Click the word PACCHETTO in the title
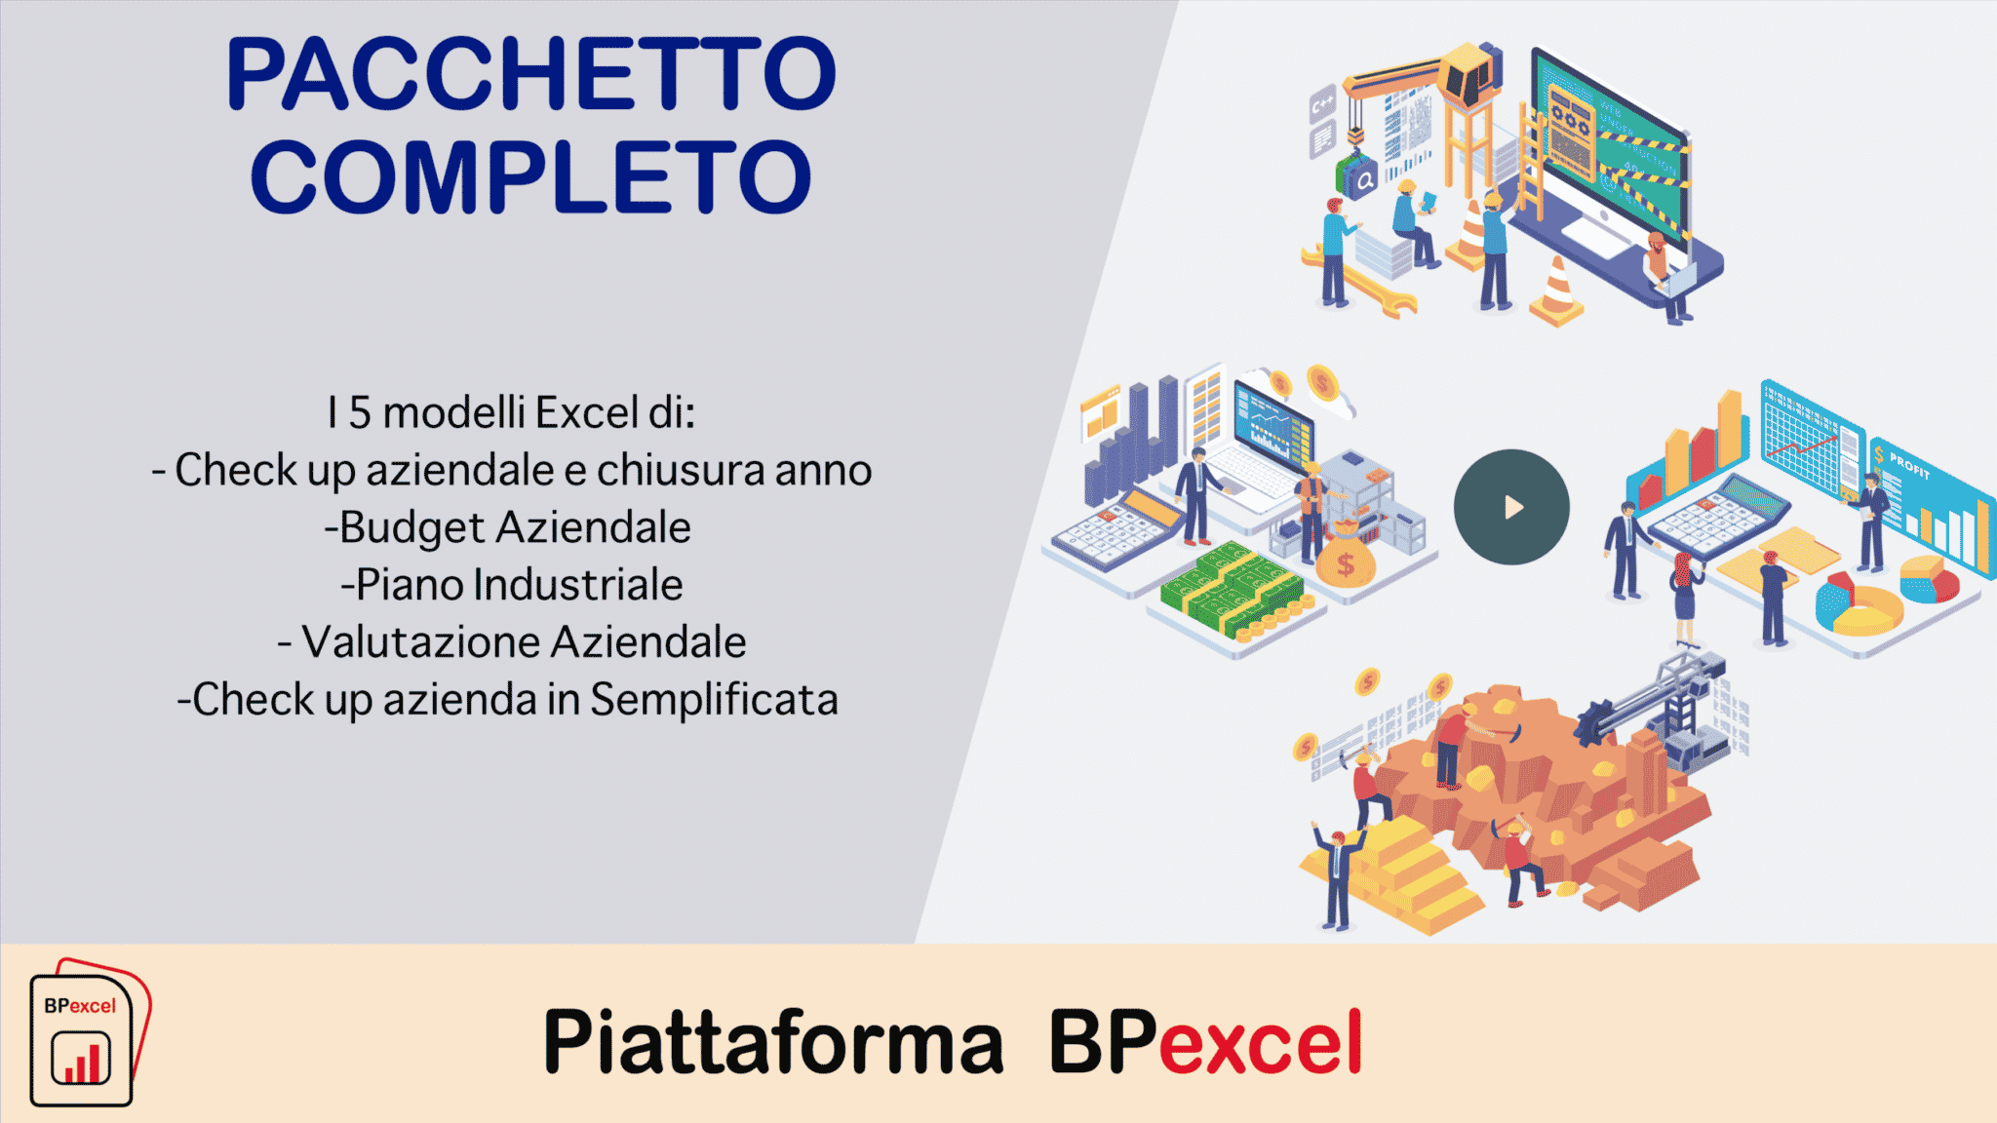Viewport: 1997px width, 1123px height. pyautogui.click(x=531, y=74)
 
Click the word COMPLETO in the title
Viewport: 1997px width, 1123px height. pyautogui.click(x=531, y=176)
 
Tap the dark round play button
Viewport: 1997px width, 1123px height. pyautogui.click(x=1511, y=507)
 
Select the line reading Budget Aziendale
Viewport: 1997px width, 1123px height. pyautogui.click(x=507, y=527)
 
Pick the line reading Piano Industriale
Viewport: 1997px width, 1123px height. pyautogui.click(x=512, y=585)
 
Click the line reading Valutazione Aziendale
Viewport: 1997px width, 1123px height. pyautogui.click(x=512, y=642)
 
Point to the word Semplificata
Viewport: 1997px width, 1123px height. pyautogui.click(x=715, y=700)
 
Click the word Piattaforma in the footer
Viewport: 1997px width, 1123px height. pyautogui.click(x=773, y=1042)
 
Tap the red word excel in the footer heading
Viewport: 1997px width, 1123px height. pyautogui.click(x=1261, y=1042)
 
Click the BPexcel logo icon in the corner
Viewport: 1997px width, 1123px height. pyautogui.click(x=90, y=1033)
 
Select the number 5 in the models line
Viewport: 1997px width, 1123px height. pyautogui.click(x=360, y=412)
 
